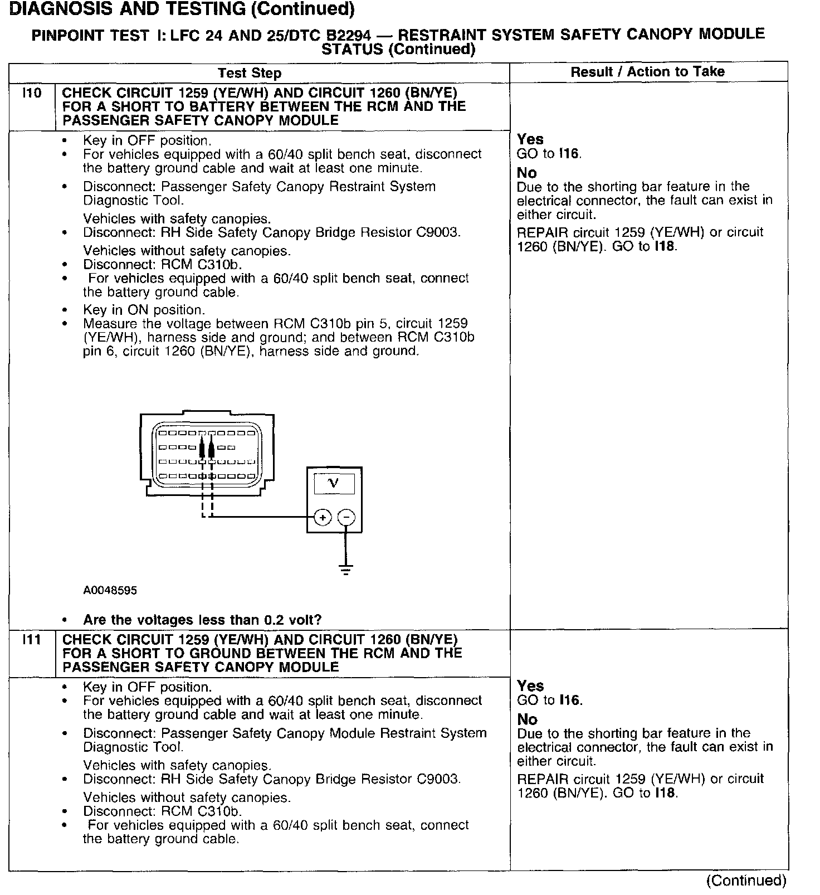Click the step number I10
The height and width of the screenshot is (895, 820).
pos(32,93)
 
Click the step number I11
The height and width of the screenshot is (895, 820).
pos(32,640)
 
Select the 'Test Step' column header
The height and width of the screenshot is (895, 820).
pos(250,73)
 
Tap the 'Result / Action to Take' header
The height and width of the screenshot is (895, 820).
pos(647,71)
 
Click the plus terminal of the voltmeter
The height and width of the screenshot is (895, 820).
pos(323,517)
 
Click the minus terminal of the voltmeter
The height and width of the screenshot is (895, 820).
pos(346,517)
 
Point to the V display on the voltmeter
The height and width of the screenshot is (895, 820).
pos(334,483)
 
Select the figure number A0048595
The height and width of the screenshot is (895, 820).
pos(110,590)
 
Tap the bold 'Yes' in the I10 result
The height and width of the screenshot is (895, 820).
pos(530,139)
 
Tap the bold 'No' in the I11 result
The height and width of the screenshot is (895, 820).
pos(527,719)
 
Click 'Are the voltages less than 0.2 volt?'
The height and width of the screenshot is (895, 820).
pos(202,620)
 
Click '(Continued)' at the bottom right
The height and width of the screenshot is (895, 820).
pos(746,880)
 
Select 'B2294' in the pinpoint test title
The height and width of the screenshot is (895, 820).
pos(350,36)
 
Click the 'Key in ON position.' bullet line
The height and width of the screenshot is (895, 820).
pos(144,310)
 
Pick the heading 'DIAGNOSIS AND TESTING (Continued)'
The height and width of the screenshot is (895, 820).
pos(182,9)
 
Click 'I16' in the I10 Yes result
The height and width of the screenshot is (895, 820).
pos(569,153)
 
